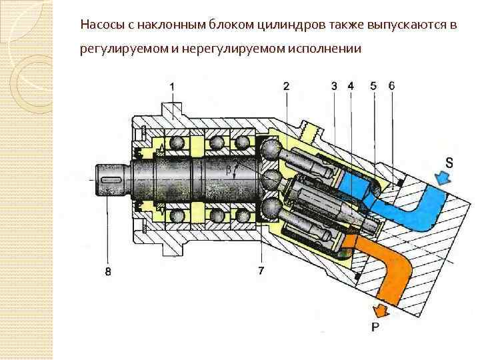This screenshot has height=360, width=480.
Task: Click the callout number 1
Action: [173, 87]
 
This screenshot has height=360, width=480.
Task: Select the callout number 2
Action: [286, 86]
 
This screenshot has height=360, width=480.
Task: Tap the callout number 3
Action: [334, 86]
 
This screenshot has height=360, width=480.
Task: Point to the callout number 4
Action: [351, 86]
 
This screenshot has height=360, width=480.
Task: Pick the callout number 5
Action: [373, 86]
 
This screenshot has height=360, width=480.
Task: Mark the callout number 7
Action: [261, 270]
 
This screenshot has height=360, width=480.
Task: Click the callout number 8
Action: [107, 271]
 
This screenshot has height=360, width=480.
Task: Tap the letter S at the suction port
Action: [451, 162]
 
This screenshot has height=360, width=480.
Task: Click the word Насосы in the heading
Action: [101, 25]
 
